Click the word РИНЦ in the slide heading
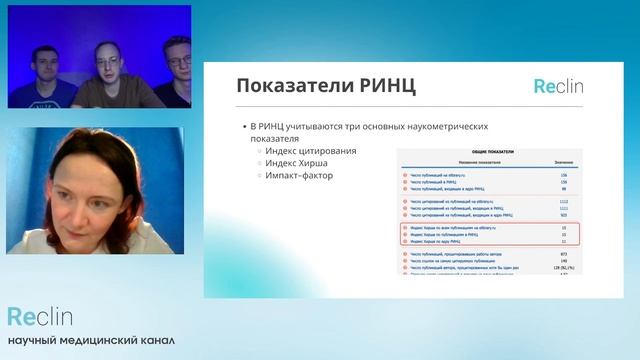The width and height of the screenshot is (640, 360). click(x=361, y=86)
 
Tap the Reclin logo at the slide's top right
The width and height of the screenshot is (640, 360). click(x=558, y=86)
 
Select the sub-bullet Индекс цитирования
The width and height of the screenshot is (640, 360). click(x=311, y=151)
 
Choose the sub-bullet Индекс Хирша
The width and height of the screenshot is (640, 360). click(x=297, y=163)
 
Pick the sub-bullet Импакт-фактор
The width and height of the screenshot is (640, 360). click(x=299, y=175)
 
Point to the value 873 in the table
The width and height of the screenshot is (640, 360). click(x=564, y=255)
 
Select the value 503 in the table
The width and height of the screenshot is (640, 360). click(x=564, y=214)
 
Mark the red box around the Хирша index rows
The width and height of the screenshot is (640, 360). click(x=490, y=234)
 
